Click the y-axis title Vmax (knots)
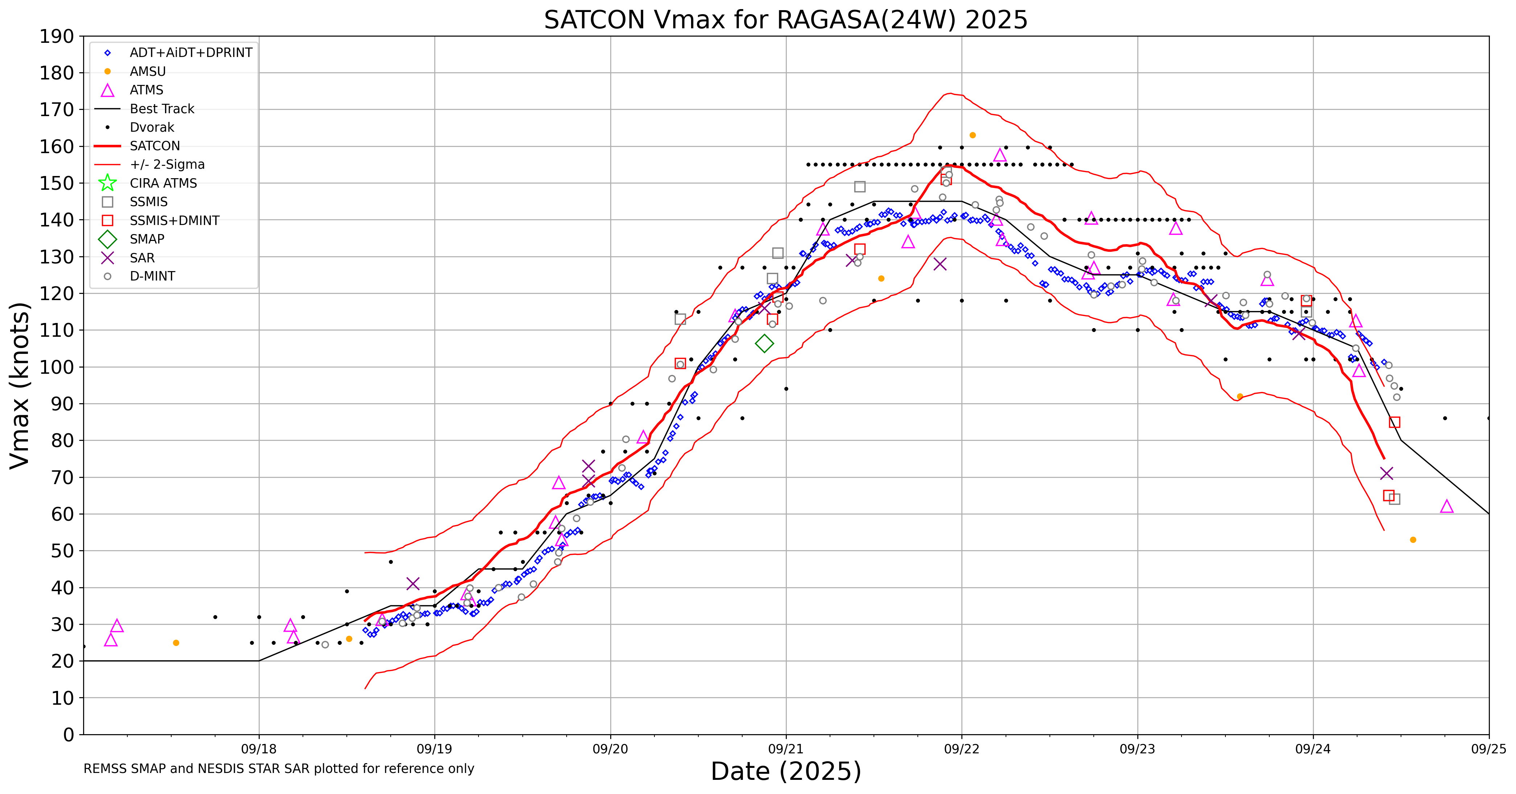[x=20, y=385]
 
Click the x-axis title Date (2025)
[x=786, y=771]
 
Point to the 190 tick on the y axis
[x=57, y=37]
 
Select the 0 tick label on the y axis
[x=69, y=734]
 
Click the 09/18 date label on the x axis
[x=259, y=749]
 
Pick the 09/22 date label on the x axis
[x=962, y=749]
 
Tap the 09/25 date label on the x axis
[x=1488, y=749]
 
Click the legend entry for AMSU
[x=148, y=71]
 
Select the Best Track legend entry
[x=162, y=109]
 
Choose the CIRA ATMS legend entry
[x=163, y=183]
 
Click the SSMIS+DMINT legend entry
[x=174, y=221]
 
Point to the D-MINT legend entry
[x=152, y=276]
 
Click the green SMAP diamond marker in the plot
[x=764, y=343]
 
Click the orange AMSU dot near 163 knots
[x=973, y=135]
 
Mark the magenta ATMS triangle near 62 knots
[x=1447, y=507]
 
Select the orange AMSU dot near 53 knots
[x=1413, y=540]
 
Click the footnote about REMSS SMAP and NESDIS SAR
[x=278, y=769]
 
